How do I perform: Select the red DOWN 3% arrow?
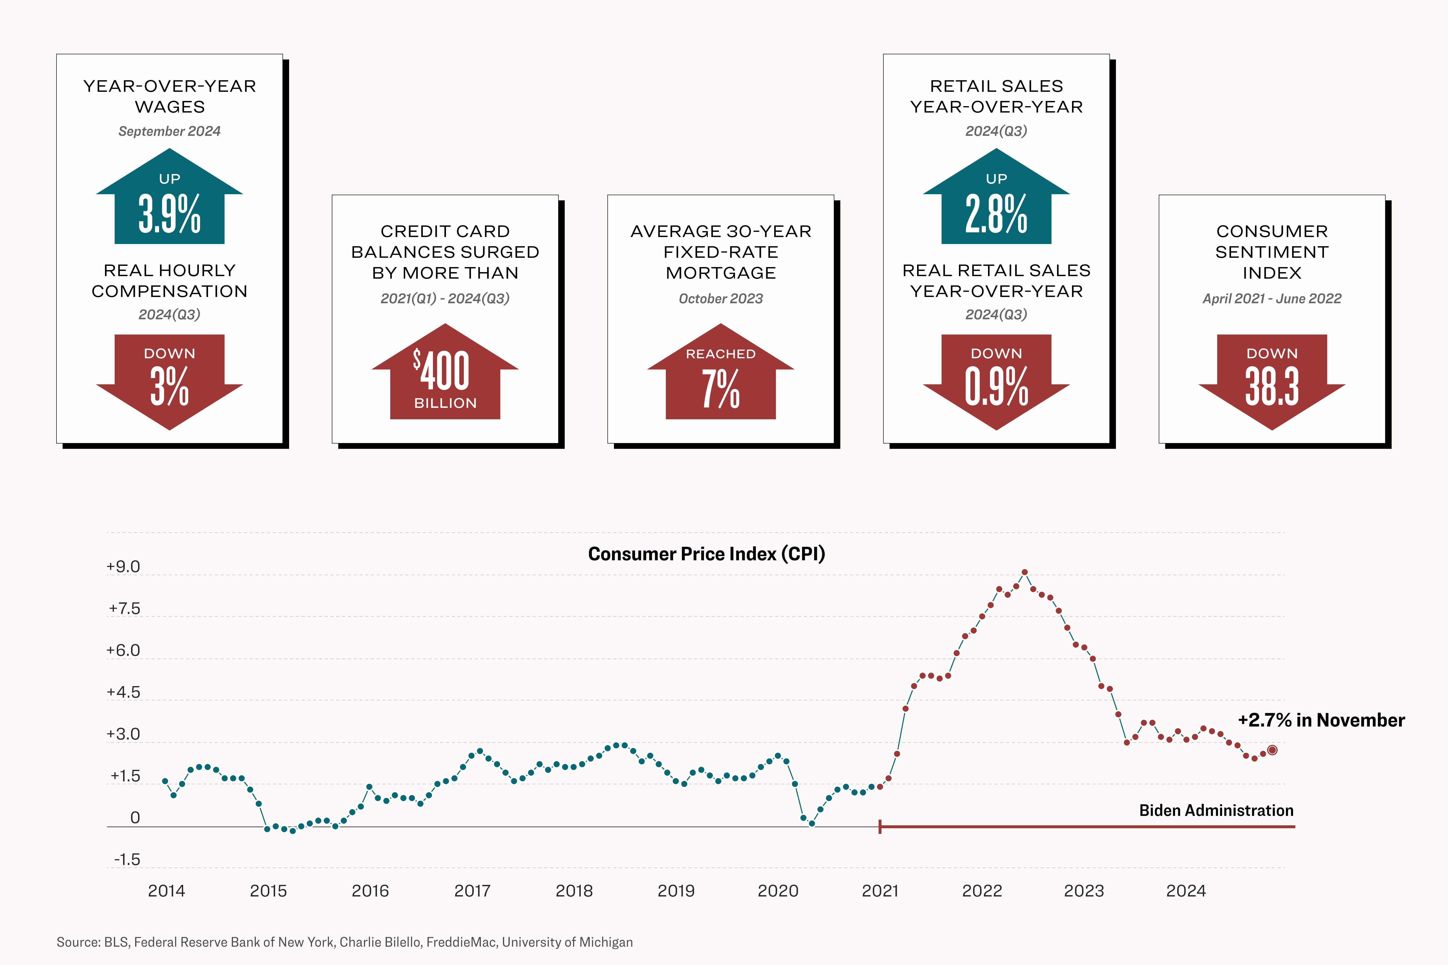(x=169, y=379)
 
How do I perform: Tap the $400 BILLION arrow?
(x=445, y=375)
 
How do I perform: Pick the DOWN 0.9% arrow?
(x=996, y=379)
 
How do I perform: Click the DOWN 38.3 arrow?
(x=1272, y=379)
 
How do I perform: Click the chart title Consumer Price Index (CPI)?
(x=706, y=554)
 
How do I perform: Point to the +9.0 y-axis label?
(x=123, y=567)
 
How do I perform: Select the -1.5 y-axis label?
(x=127, y=860)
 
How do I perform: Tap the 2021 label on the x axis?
(x=880, y=890)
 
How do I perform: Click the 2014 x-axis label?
(x=166, y=890)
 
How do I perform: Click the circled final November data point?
(x=1272, y=750)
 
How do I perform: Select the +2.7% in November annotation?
(x=1321, y=720)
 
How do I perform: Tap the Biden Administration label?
(x=1216, y=811)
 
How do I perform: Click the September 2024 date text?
(x=169, y=131)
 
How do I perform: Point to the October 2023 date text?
(x=720, y=298)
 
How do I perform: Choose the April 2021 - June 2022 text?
(x=1272, y=298)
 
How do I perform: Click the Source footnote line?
(x=345, y=942)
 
